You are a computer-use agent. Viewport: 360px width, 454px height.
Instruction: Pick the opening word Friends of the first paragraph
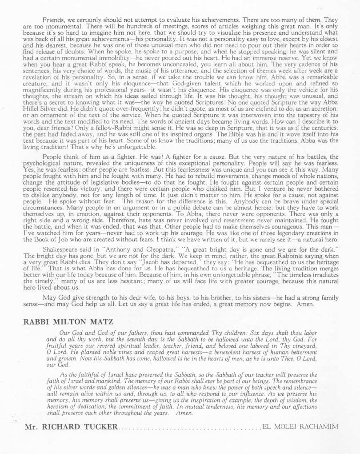53,20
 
